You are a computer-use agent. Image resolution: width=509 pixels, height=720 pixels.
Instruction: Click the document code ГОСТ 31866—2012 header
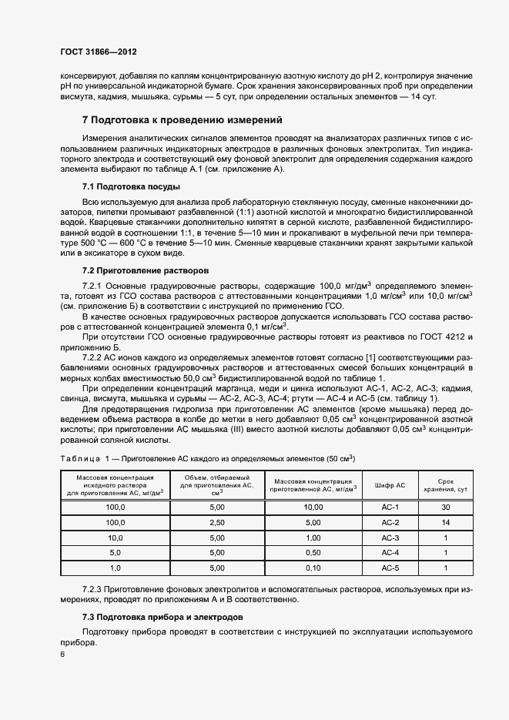(x=97, y=52)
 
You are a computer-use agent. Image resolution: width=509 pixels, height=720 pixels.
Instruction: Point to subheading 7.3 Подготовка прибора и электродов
(x=163, y=617)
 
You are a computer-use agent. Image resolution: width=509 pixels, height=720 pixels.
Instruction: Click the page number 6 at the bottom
(x=62, y=655)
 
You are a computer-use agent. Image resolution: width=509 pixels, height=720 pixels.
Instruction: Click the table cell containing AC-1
(x=390, y=507)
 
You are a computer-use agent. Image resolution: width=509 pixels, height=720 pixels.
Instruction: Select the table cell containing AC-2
(x=390, y=522)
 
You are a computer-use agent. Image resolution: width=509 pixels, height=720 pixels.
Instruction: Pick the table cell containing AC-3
(x=390, y=537)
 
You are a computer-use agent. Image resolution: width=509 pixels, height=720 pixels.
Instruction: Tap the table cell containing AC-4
(x=390, y=552)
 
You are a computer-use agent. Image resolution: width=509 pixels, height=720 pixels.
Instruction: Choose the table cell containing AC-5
(x=390, y=568)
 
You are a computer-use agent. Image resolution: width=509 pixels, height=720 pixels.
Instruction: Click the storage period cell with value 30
(x=446, y=507)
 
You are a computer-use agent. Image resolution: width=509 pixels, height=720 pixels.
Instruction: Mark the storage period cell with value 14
(x=446, y=522)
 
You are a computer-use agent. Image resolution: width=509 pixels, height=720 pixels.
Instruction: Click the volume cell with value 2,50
(x=216, y=522)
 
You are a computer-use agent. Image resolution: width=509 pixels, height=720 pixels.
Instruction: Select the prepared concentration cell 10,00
(x=313, y=507)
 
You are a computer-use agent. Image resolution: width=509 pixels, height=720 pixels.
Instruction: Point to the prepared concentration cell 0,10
(x=313, y=568)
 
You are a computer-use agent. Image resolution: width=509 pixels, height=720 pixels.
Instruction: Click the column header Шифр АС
(x=390, y=486)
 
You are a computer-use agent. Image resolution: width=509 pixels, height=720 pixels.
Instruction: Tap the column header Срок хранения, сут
(x=446, y=485)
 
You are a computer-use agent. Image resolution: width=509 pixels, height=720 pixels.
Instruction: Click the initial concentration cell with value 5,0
(x=116, y=552)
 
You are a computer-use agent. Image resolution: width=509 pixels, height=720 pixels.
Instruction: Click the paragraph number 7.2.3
(x=95, y=589)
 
